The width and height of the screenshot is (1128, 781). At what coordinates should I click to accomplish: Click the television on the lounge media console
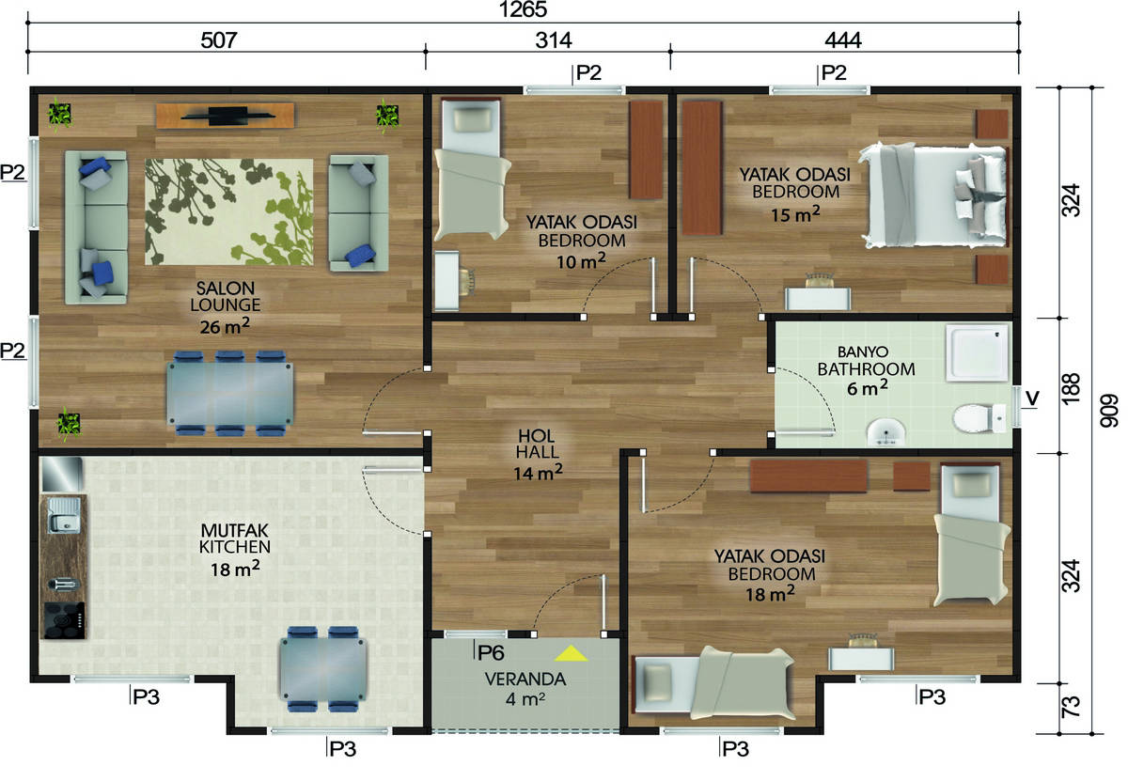(227, 116)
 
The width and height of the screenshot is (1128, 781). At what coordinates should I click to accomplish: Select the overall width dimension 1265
(523, 9)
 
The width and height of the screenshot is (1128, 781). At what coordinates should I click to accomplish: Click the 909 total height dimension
(1108, 411)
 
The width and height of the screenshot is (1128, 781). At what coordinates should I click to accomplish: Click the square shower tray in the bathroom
(978, 352)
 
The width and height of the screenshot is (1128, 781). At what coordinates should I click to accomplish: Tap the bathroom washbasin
(885, 432)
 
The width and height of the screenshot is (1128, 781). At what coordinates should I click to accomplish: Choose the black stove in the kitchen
(64, 620)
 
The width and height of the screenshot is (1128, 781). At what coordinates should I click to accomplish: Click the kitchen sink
(64, 515)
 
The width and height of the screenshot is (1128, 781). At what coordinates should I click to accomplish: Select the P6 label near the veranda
(491, 652)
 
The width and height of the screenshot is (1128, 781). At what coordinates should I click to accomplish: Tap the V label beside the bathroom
(1032, 398)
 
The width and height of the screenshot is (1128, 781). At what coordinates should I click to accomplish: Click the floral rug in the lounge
(229, 212)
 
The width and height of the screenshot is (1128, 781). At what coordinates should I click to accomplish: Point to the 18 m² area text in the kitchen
(235, 569)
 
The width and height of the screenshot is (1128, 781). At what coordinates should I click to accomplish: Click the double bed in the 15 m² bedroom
(935, 195)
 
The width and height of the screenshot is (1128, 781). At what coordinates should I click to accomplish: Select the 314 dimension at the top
(554, 40)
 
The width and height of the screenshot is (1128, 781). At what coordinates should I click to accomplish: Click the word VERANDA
(525, 679)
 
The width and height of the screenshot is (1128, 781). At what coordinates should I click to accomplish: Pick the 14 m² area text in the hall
(538, 473)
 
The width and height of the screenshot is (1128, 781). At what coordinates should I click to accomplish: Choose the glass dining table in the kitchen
(323, 669)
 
